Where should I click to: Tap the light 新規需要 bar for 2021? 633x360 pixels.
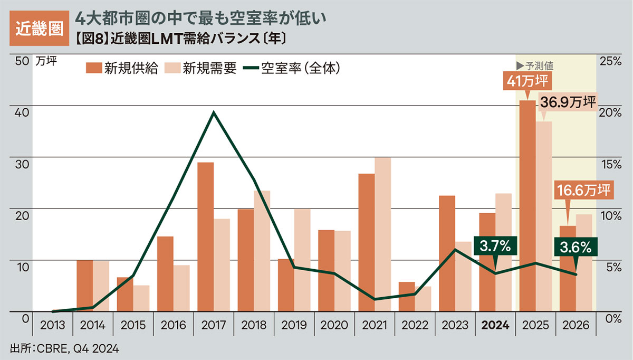[382, 234]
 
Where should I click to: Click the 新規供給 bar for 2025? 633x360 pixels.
[527, 206]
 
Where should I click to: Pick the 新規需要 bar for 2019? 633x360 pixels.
[302, 260]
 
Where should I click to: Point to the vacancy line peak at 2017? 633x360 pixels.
[213, 112]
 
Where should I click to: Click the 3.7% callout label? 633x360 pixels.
[495, 247]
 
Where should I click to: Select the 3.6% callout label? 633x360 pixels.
[576, 247]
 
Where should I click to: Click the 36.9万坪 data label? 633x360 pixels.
[567, 101]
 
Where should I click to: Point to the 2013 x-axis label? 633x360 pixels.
[52, 325]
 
